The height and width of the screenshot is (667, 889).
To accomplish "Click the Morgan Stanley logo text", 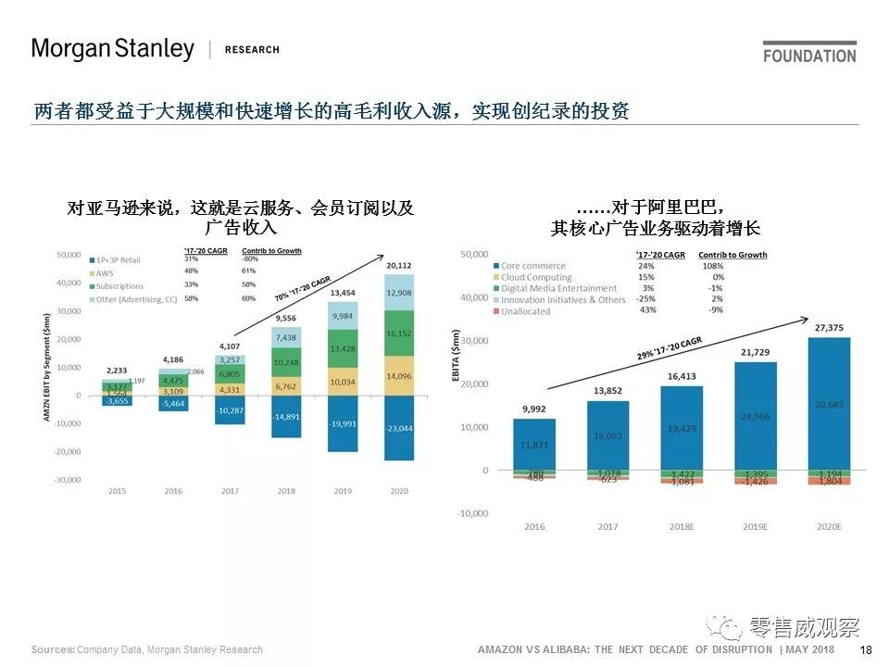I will pos(112,49).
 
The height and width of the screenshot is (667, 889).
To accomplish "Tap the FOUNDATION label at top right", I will pos(809,56).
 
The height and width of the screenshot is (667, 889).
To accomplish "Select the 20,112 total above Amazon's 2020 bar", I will pos(399,266).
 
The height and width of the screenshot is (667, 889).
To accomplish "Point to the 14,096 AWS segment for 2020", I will pos(399,376).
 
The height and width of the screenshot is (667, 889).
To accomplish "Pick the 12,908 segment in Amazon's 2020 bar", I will pos(399,293).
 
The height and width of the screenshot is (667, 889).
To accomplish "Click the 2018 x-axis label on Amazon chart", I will pos(286,491).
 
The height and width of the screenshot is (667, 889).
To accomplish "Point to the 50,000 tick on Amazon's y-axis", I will pos(69,255).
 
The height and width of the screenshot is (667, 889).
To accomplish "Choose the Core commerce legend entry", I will pos(532,266).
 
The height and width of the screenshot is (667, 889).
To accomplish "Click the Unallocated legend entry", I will pos(525,311).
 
